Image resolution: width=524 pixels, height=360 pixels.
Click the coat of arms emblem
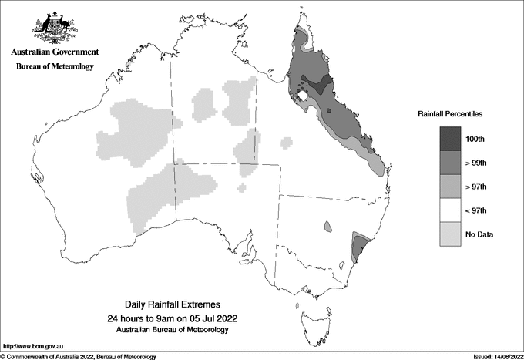(54, 28)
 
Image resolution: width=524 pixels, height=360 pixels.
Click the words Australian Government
(54, 52)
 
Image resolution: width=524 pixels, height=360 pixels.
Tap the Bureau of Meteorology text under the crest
(54, 67)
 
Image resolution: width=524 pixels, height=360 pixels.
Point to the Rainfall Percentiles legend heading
(450, 113)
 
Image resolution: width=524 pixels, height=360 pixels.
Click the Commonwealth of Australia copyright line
(78, 356)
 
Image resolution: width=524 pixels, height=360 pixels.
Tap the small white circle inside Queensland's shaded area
(304, 95)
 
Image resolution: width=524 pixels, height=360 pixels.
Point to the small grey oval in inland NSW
(327, 227)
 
